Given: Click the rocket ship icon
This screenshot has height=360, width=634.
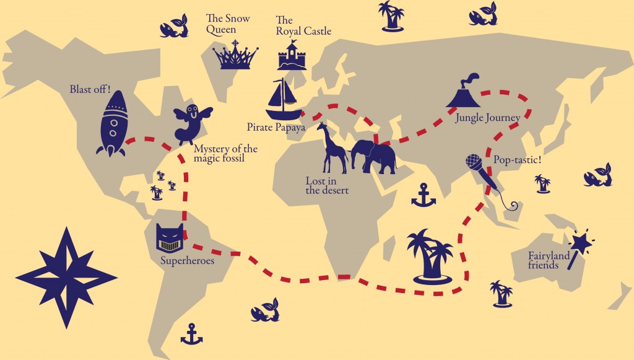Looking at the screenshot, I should coord(113,124).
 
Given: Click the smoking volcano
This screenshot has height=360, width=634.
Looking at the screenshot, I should coord(464,93).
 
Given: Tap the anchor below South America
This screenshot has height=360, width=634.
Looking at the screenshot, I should coord(191,334).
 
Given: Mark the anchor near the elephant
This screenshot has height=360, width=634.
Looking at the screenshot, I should coord(423,195).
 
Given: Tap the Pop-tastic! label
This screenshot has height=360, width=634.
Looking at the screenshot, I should coord(517,160).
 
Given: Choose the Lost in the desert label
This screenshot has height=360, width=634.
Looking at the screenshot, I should coord(327,185).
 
